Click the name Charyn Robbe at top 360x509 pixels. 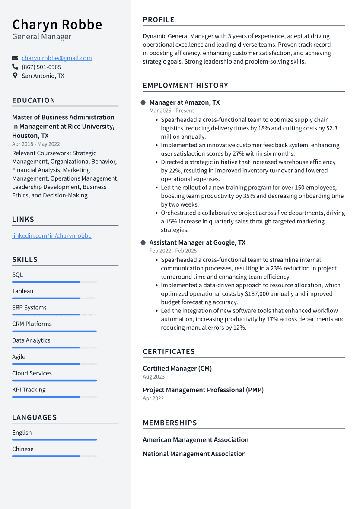(57, 24)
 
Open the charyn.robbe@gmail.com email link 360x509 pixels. (57, 58)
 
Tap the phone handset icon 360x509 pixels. (15, 67)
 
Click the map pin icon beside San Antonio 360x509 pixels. (15, 76)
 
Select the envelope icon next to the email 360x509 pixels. (15, 58)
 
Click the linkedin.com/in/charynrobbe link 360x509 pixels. (51, 236)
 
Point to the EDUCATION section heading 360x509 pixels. (34, 100)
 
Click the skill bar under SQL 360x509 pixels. (54, 282)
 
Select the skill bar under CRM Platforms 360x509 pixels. (54, 331)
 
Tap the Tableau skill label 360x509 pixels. (22, 291)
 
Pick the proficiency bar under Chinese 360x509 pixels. (54, 456)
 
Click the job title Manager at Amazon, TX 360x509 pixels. (185, 102)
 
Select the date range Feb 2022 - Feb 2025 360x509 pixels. (173, 251)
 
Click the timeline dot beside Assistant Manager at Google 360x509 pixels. (143, 242)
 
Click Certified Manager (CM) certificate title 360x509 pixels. (177, 369)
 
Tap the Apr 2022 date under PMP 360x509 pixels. (153, 398)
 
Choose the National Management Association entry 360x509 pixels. (194, 454)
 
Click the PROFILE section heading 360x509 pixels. (159, 20)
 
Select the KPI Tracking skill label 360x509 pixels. (29, 390)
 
